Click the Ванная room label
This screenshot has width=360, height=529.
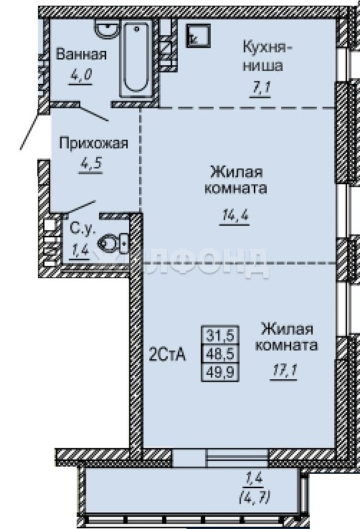point(81,54)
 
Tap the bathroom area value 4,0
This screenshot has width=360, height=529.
point(80,75)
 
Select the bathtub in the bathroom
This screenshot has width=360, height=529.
point(136,58)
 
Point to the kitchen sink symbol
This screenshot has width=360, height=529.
point(199,35)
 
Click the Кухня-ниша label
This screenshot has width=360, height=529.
point(267,56)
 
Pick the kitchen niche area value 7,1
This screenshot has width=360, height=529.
point(260,88)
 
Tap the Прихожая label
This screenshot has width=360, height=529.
point(93,143)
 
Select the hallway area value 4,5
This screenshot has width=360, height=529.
point(90,164)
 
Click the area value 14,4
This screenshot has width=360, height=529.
point(235,215)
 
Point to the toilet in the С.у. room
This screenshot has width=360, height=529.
point(113,243)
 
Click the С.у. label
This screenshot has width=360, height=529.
point(82,229)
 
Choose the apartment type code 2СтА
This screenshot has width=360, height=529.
point(167,354)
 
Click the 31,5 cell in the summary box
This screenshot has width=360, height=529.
point(220,335)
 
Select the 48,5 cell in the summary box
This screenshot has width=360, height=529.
point(220,353)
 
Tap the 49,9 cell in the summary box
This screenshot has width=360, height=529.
point(220,372)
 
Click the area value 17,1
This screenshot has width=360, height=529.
point(284,371)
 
